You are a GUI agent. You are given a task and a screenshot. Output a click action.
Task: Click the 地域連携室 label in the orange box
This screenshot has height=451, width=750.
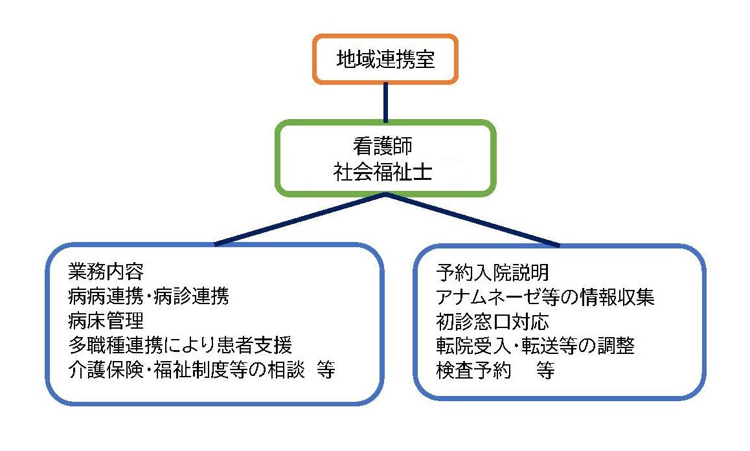[385, 60]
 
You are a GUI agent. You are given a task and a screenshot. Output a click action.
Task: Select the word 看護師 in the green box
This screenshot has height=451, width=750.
[383, 146]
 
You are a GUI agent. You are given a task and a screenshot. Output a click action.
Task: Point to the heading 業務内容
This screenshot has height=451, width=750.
[106, 271]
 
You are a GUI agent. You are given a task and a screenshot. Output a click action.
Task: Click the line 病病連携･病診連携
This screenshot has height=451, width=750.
[149, 296]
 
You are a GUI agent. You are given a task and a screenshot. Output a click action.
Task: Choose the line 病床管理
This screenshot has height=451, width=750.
[106, 320]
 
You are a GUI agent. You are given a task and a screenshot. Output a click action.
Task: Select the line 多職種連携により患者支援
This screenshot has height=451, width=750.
[180, 345]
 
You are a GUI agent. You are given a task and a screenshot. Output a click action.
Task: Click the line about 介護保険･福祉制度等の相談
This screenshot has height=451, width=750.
[186, 369]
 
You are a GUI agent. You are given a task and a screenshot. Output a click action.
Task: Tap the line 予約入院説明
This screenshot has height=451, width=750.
[493, 273]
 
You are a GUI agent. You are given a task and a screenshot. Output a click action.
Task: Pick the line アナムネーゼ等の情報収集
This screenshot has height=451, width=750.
[545, 297]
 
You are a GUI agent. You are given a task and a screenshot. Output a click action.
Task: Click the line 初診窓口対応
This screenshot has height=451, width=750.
[493, 322]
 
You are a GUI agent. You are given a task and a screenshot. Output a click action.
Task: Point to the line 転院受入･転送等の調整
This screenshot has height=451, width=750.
[535, 346]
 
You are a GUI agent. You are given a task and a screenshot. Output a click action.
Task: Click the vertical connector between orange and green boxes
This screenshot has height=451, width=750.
[385, 102]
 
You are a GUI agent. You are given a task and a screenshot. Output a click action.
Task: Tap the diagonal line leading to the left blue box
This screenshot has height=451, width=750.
[301, 220]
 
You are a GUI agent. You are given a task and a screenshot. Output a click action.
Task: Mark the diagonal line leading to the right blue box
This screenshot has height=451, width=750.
[473, 220]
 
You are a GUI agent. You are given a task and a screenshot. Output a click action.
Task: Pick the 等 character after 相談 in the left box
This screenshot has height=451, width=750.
[326, 369]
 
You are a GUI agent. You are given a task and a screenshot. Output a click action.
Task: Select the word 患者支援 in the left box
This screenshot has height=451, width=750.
[255, 345]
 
